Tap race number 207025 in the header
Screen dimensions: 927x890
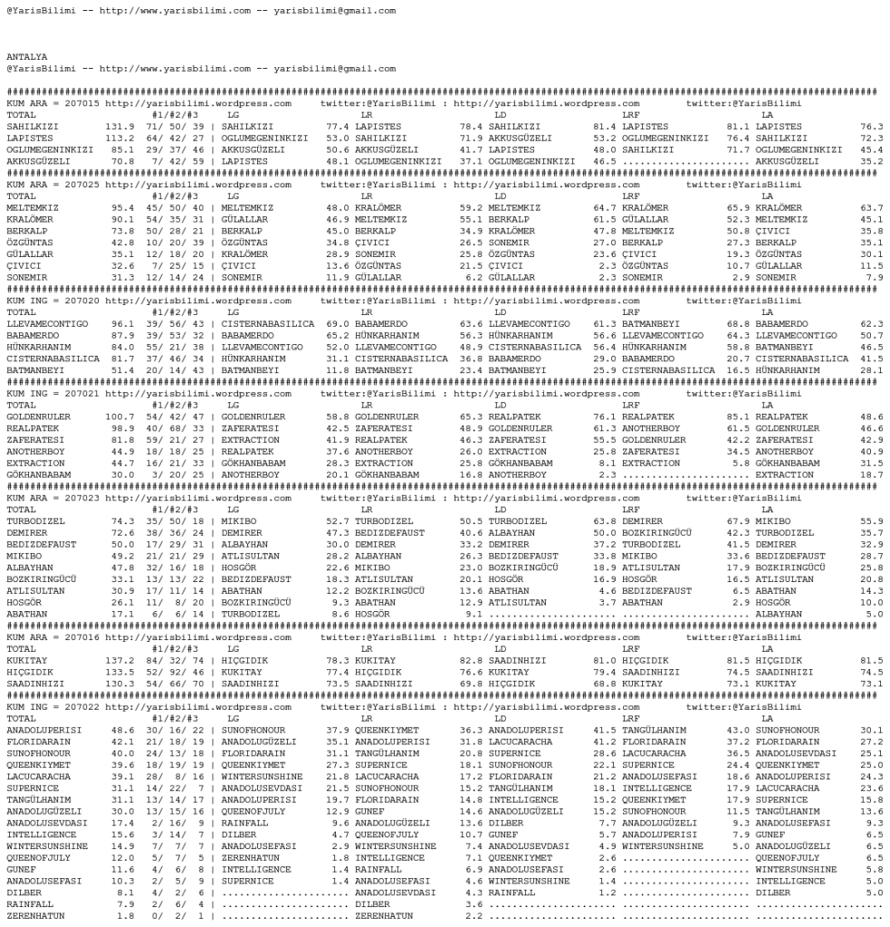(x=83, y=185)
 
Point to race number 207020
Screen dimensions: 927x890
(x=83, y=301)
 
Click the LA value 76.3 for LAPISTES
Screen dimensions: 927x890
(x=871, y=127)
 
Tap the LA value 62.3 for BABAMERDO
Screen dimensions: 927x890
(x=871, y=323)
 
